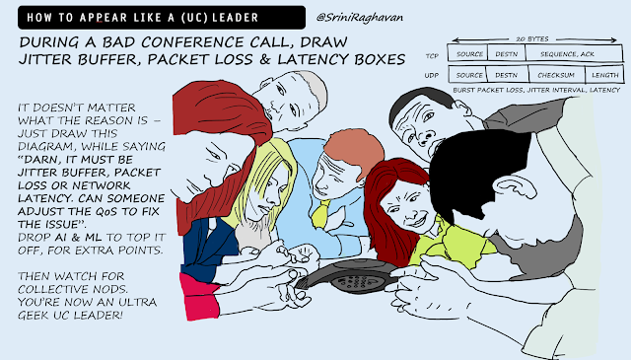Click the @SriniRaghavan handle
[359, 18]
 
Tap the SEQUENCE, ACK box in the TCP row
[574, 53]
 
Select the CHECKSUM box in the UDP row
[556, 75]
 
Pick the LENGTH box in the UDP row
[604, 75]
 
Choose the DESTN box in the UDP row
[507, 75]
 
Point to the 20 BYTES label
[532, 39]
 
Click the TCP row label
[432, 56]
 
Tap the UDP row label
[432, 75]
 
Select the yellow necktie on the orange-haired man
[319, 213]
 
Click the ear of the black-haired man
[511, 190]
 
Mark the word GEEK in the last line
[34, 316]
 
